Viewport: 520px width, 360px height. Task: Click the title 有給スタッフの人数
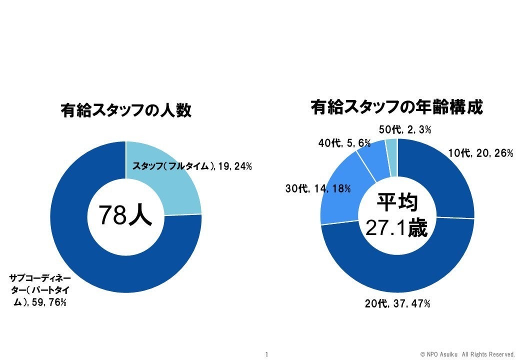pyautogui.click(x=125, y=110)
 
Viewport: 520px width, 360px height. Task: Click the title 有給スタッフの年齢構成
pyautogui.click(x=396, y=107)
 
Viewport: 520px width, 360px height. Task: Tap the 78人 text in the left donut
pyautogui.click(x=124, y=215)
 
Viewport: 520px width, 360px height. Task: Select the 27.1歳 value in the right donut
pyautogui.click(x=396, y=227)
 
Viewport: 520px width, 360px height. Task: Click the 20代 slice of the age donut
pyautogui.click(x=400, y=275)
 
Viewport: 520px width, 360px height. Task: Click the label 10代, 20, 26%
pyautogui.click(x=480, y=153)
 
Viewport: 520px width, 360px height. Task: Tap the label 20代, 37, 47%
pyautogui.click(x=397, y=303)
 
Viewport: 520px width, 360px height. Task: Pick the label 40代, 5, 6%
pyautogui.click(x=344, y=143)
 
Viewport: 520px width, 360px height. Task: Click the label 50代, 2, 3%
pyautogui.click(x=404, y=130)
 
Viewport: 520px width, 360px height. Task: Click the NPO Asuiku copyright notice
pyautogui.click(x=467, y=354)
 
